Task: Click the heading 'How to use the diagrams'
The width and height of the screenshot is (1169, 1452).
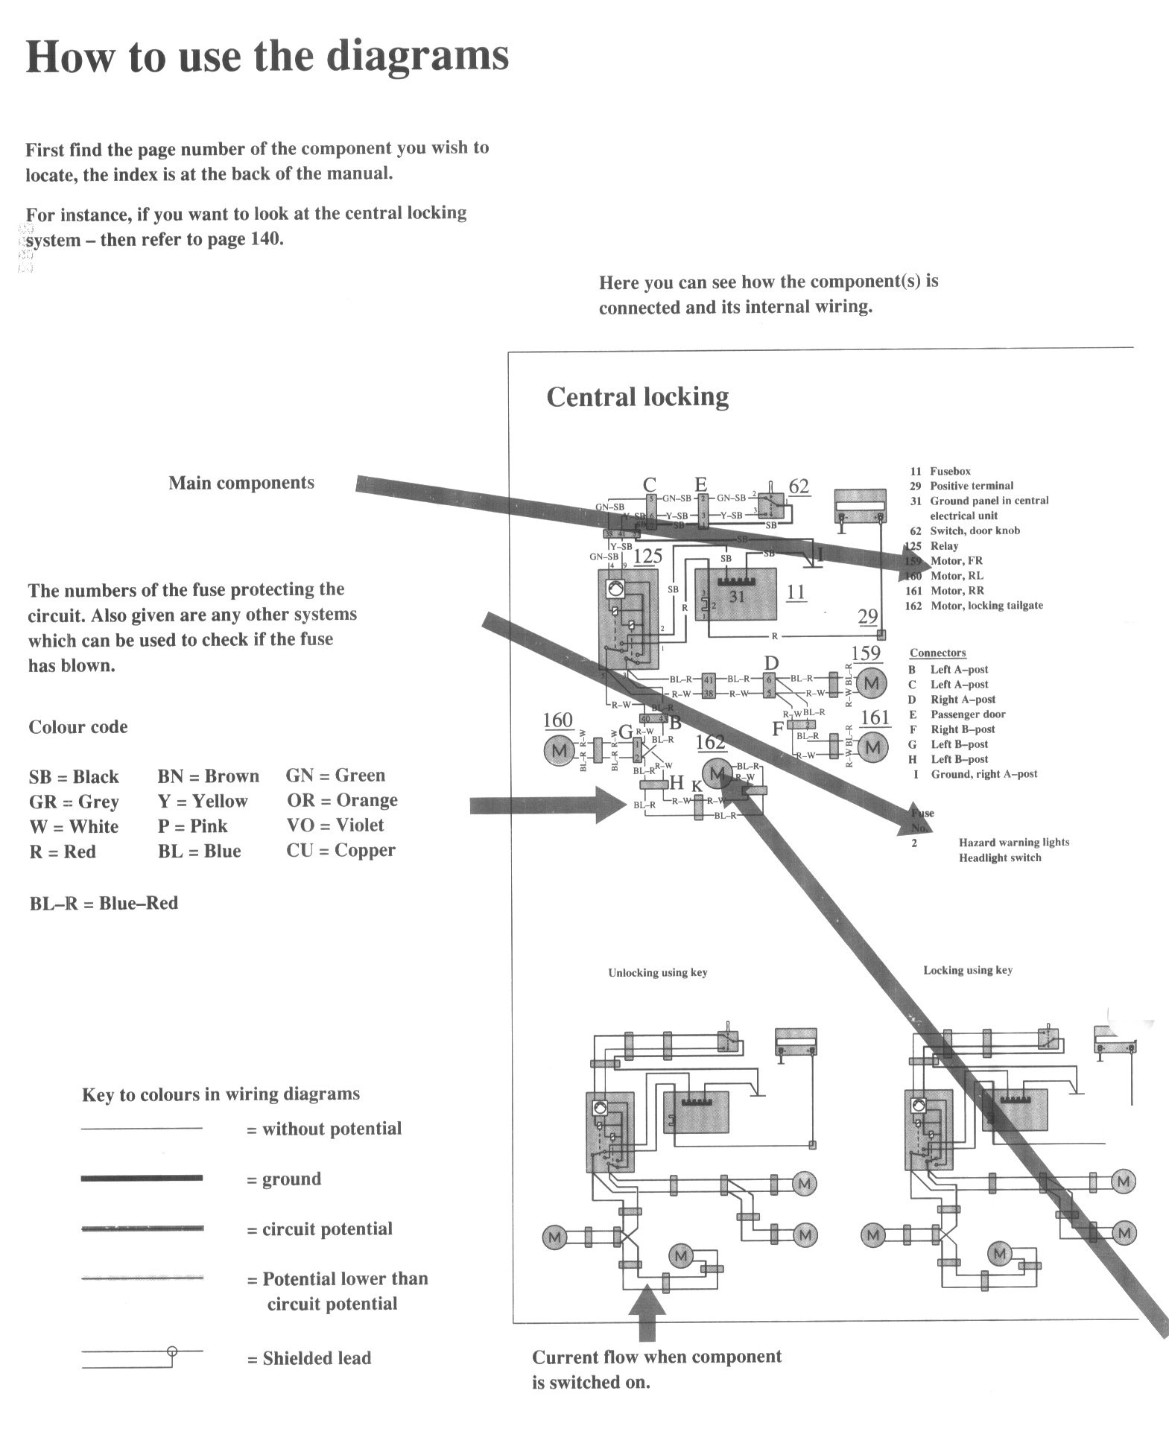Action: pos(267,56)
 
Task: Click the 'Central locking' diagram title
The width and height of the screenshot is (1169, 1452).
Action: pos(637,396)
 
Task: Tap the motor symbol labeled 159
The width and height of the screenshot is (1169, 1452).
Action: pos(871,682)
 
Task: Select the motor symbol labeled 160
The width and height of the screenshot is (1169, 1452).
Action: pos(558,749)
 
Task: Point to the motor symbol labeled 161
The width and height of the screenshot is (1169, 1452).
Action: pos(872,746)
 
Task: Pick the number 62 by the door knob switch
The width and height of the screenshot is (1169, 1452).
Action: pos(798,486)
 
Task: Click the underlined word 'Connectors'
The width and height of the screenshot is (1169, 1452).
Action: pos(937,653)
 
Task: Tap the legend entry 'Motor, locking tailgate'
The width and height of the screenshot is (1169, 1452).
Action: pos(986,606)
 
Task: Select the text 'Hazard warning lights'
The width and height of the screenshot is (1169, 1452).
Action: pos(1013,842)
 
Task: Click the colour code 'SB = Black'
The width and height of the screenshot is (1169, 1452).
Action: pos(73,777)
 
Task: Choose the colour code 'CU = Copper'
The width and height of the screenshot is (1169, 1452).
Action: pos(340,850)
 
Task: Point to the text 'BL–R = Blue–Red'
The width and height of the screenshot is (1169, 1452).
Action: pos(104,903)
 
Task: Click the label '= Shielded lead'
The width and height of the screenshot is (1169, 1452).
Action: pos(309,1358)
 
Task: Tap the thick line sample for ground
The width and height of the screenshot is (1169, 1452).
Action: pos(142,1178)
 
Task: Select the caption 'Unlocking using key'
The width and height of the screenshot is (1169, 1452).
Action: pos(657,972)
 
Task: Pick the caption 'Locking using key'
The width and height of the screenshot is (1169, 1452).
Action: pos(967,970)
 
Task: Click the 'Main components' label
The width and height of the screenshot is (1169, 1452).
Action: pos(241,483)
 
